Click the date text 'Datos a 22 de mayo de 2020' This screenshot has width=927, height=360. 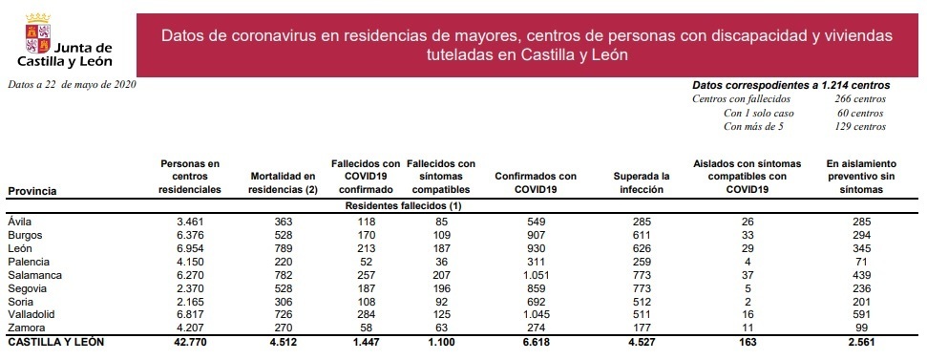(72, 85)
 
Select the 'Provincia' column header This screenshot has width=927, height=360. (32, 191)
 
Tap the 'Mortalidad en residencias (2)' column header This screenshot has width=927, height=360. (282, 182)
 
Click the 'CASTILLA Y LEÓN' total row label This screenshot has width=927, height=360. (55, 341)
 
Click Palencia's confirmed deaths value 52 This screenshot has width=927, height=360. (364, 261)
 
